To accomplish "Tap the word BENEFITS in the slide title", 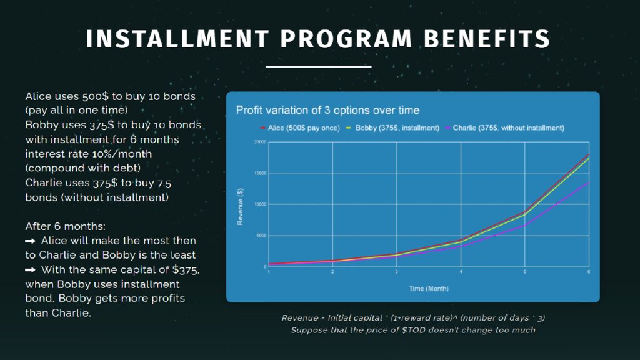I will point(487,39).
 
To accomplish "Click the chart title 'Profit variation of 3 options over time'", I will point(327,110).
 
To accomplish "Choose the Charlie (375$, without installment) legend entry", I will point(508,128).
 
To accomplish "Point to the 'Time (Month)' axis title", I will point(428,289).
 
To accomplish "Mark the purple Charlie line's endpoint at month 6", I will point(588,182).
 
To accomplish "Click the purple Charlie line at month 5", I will point(524,225).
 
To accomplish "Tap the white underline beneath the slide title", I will point(319,66).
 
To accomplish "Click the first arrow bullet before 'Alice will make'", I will point(30,241).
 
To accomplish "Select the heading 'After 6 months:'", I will point(61,226).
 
